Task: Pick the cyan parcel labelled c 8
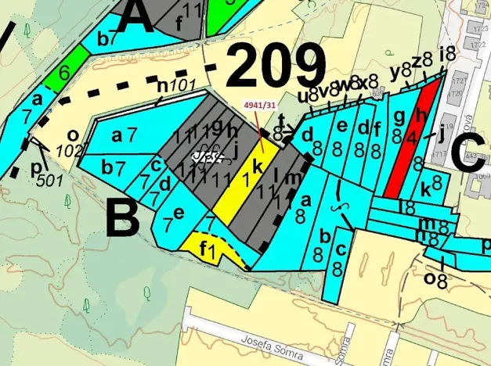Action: pos(338,259)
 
